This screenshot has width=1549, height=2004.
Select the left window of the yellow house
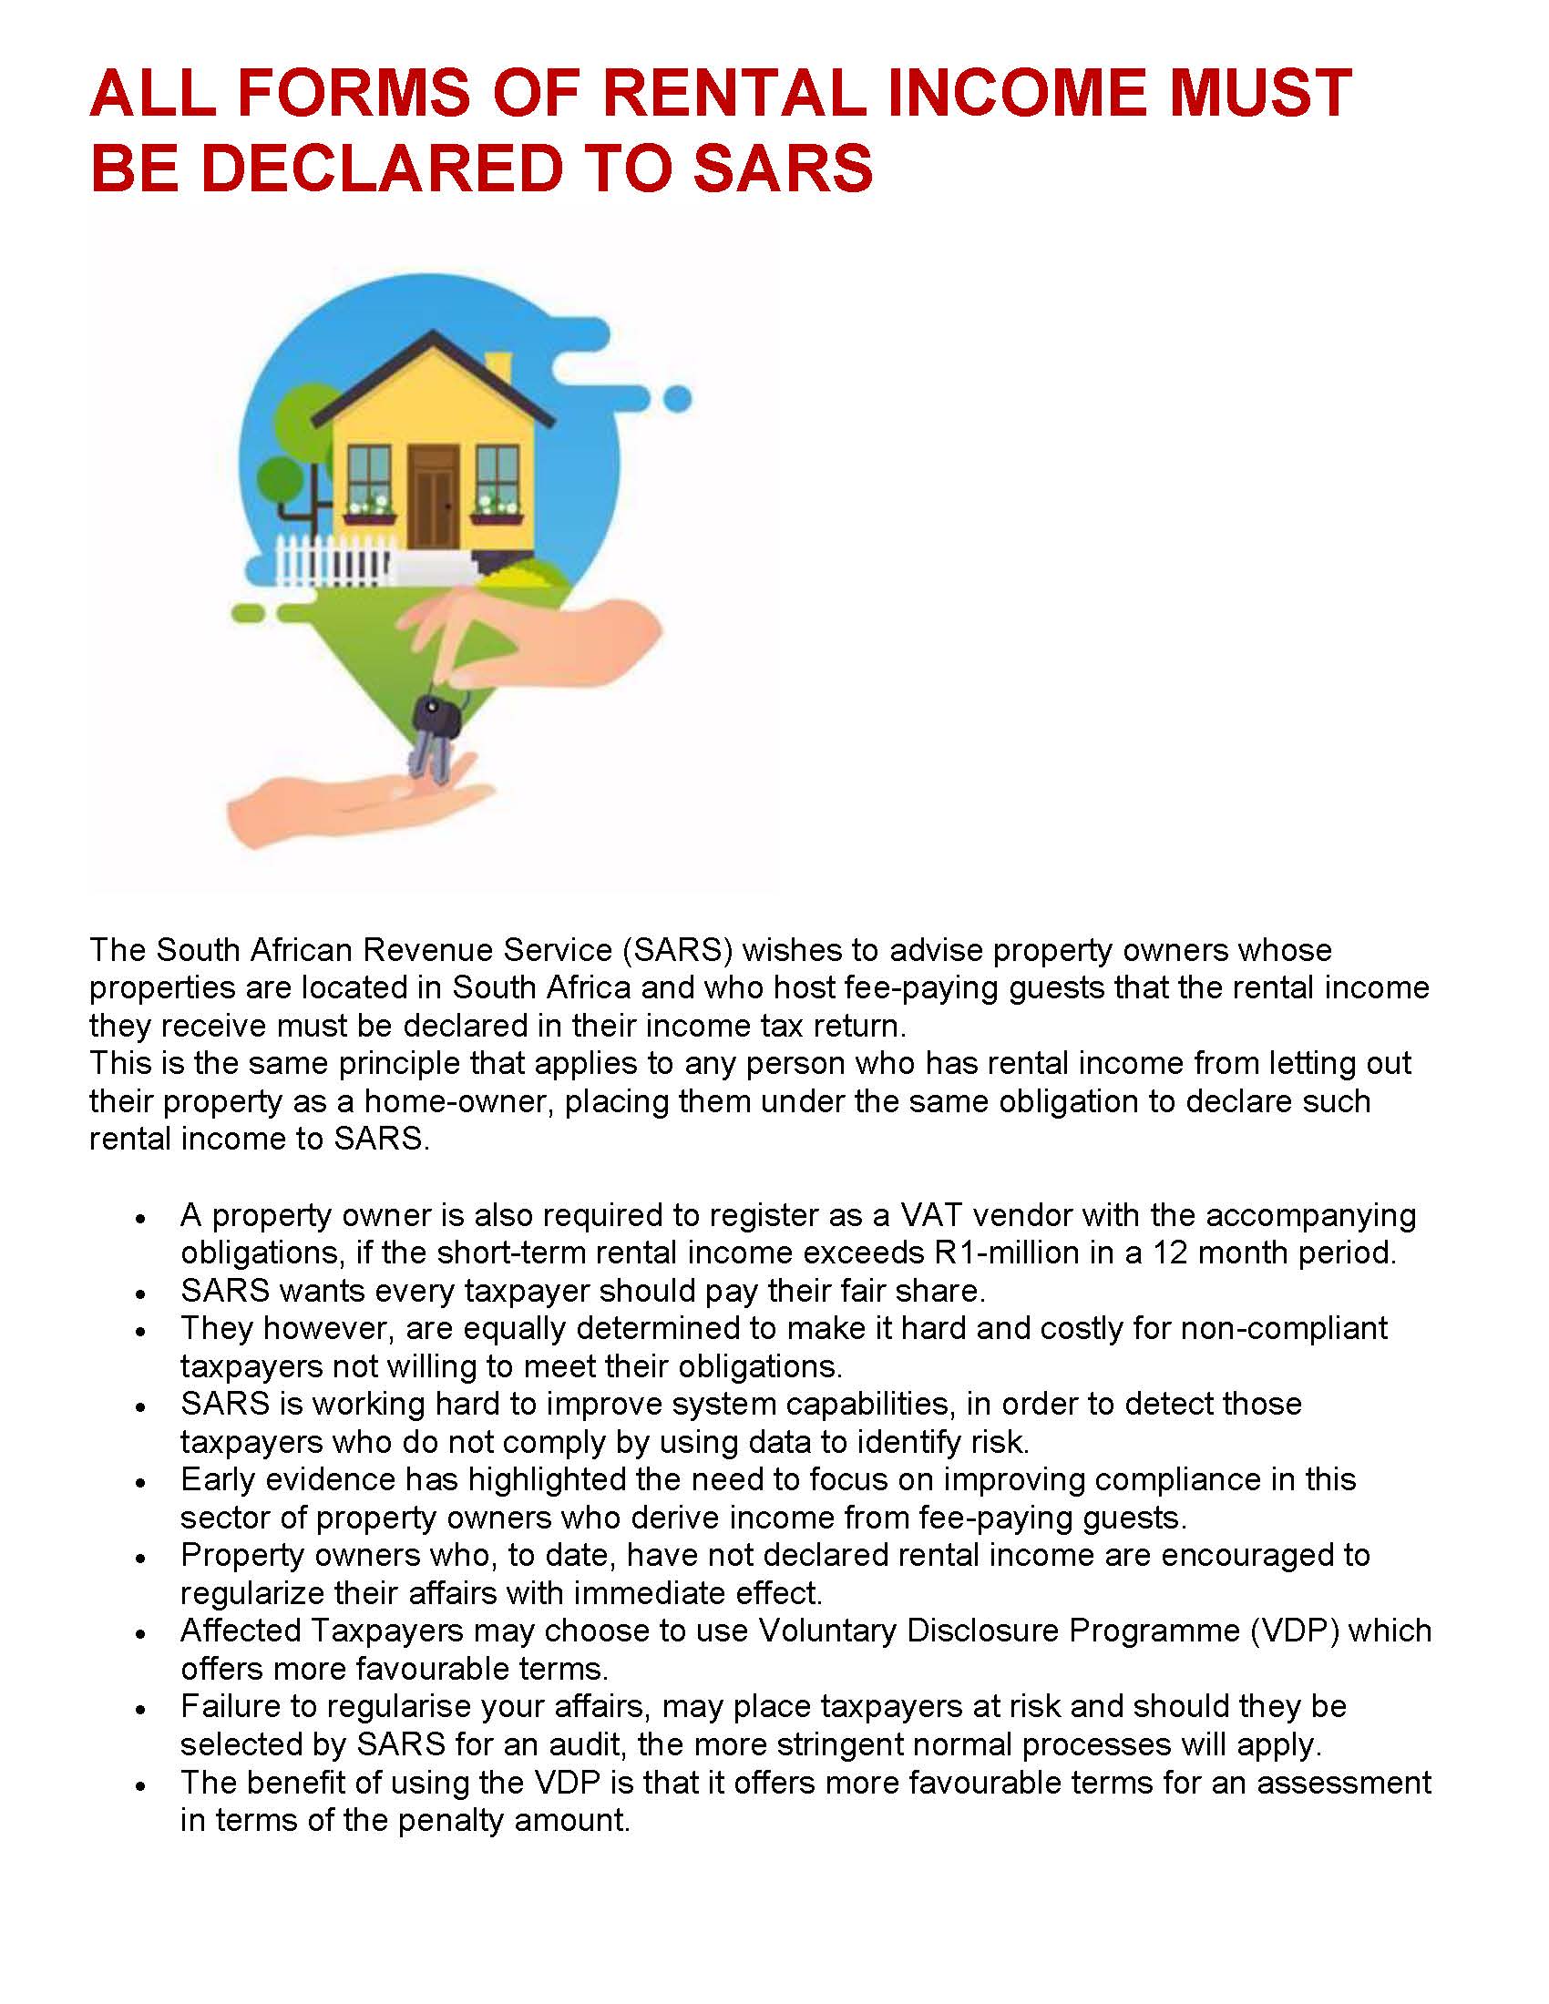click(x=370, y=481)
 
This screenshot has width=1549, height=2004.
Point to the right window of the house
click(x=498, y=481)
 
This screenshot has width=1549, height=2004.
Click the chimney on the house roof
click(x=498, y=369)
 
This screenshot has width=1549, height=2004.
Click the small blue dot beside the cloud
click(x=677, y=399)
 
